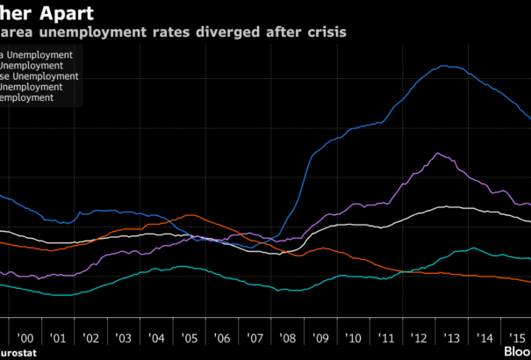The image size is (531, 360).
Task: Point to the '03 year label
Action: [123, 338]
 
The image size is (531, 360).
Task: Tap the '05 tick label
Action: [189, 338]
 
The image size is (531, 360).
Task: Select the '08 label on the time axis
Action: [287, 338]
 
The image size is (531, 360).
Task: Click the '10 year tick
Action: [353, 338]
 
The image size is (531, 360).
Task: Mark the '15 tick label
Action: [516, 338]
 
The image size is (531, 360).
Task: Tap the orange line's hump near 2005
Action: [195, 215]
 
